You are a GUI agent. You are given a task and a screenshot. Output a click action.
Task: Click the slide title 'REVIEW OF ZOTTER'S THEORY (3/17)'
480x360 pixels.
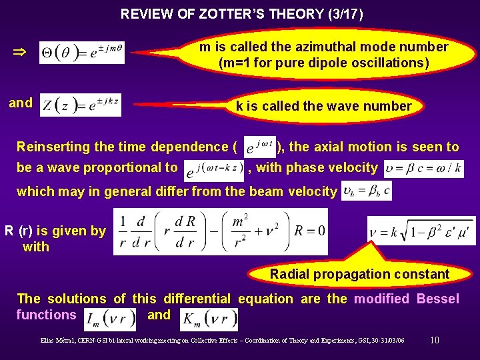click(242, 13)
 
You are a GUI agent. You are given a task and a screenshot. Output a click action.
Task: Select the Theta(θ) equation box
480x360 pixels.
click(81, 51)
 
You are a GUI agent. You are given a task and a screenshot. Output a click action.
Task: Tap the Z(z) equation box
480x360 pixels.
click(81, 105)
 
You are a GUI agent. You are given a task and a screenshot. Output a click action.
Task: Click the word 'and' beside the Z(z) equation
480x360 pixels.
click(20, 103)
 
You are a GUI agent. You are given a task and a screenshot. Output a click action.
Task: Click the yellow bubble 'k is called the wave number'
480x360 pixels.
click(323, 106)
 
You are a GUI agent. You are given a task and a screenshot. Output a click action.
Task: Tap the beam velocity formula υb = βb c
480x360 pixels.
click(366, 191)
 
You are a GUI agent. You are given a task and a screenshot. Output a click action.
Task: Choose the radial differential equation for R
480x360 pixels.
click(221, 232)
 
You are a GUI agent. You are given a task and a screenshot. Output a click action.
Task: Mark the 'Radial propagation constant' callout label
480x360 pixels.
click(359, 274)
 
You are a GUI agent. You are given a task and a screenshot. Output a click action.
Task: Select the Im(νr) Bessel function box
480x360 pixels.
click(110, 319)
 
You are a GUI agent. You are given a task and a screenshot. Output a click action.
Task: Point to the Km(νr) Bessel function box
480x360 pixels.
click(209, 319)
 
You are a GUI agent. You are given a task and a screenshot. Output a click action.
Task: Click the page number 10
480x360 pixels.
click(435, 341)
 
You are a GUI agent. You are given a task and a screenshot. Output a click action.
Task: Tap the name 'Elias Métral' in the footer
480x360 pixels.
click(57, 341)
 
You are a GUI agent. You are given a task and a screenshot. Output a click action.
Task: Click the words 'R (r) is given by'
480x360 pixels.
click(55, 231)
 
